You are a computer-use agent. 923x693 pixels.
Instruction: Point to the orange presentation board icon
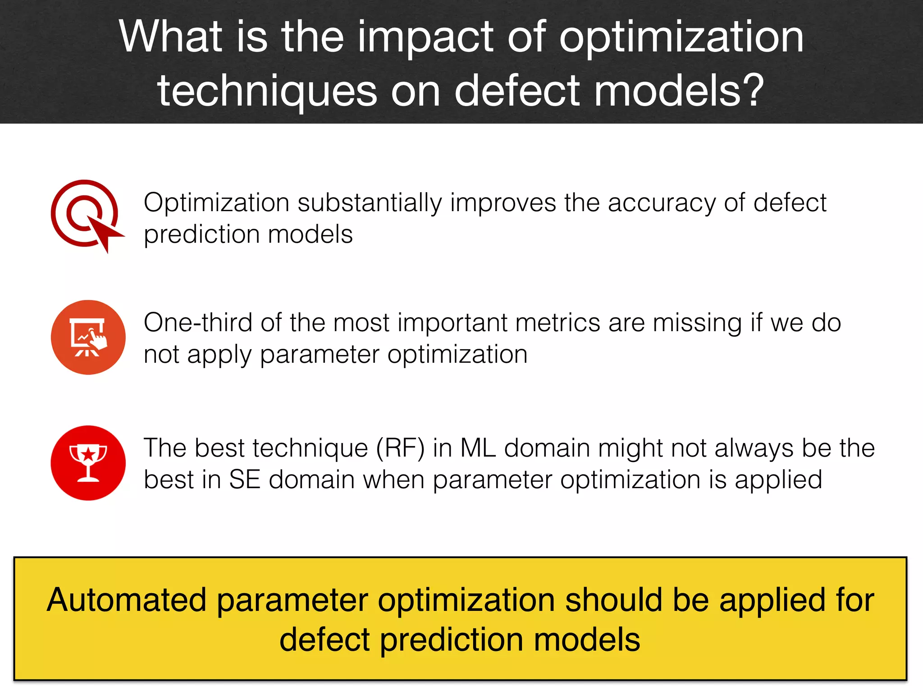(88, 337)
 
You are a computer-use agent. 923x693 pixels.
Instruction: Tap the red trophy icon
(88, 463)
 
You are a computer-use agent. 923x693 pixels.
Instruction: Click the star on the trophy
(88, 453)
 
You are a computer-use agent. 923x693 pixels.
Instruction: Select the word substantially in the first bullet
(370, 203)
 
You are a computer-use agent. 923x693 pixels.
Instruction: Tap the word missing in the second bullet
(697, 323)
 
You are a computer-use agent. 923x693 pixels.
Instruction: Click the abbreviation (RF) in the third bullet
(400, 448)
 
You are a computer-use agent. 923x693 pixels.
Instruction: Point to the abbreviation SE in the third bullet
(245, 480)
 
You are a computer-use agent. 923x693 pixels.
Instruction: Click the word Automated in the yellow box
(127, 601)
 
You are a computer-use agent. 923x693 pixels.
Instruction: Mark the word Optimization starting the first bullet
(216, 203)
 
